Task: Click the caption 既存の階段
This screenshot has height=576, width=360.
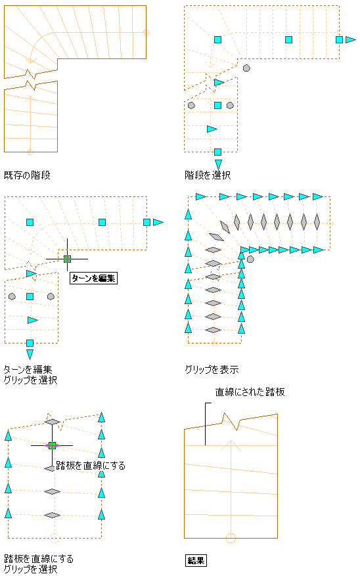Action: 27,175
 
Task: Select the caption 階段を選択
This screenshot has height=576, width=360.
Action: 208,175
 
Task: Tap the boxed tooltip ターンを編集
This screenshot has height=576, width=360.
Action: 93,278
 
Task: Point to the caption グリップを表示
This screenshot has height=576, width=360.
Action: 212,370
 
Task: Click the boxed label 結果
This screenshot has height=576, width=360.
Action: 196,561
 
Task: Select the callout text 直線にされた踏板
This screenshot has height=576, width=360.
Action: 250,392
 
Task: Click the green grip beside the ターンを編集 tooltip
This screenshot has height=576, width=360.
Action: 67,259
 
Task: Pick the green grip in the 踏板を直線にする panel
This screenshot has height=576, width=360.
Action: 52,445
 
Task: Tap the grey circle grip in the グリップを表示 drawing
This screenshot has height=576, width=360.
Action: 250,259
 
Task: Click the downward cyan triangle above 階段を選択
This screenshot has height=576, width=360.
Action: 218,164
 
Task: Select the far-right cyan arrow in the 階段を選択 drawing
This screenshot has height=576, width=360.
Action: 350,39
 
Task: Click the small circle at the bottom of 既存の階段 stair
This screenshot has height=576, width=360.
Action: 30,152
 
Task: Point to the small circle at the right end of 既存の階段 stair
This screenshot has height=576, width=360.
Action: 146,32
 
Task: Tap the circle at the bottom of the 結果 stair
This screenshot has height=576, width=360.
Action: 231,538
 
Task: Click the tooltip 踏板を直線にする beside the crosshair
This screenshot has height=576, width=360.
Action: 91,466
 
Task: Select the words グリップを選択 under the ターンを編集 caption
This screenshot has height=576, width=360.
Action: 30,380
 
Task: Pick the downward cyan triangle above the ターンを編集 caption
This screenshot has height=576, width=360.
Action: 30,354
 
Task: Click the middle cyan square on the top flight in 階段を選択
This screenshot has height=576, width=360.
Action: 289,39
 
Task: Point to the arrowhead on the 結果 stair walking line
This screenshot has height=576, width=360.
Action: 231,445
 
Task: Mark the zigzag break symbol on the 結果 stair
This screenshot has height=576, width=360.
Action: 231,421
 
